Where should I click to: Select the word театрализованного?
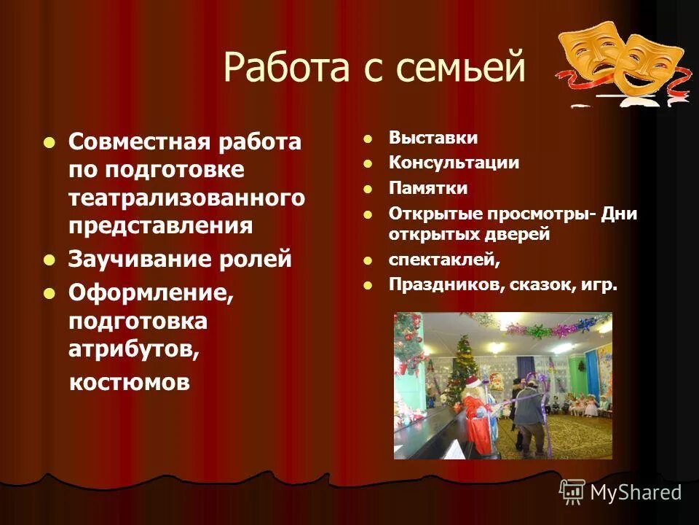coord(186,198)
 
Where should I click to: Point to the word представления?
coord(160,225)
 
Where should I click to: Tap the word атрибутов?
coord(133,349)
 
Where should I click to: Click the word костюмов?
coord(130,382)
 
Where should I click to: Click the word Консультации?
coord(454,163)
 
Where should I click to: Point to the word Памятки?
coord(428,188)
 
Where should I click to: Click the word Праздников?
coord(443,285)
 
